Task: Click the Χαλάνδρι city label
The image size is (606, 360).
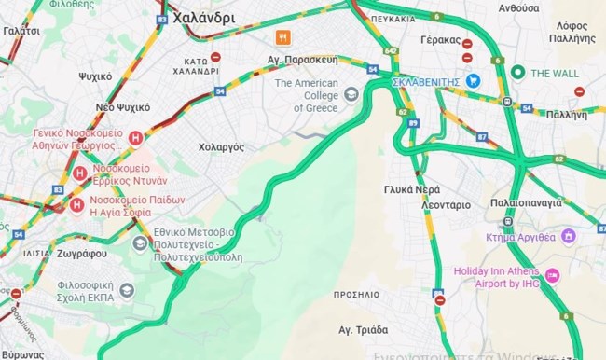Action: [x=203, y=17]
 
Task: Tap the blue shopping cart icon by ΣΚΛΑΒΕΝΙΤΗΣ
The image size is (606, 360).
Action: [x=474, y=81]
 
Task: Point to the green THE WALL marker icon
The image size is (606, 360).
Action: [x=517, y=73]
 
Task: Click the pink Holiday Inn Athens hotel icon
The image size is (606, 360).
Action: [x=552, y=275]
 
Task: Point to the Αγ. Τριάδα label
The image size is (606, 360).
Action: [x=364, y=328]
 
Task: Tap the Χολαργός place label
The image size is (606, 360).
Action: [x=221, y=147]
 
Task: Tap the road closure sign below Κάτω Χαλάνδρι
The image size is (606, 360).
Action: [x=216, y=57]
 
